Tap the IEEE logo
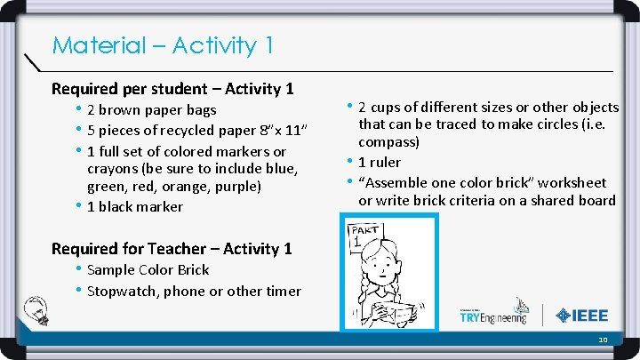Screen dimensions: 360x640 point(581,316)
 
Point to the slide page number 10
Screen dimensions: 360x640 point(603,340)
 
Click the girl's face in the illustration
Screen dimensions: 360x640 point(388,268)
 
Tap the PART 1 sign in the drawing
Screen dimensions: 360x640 point(364,235)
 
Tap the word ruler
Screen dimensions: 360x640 point(385,163)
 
